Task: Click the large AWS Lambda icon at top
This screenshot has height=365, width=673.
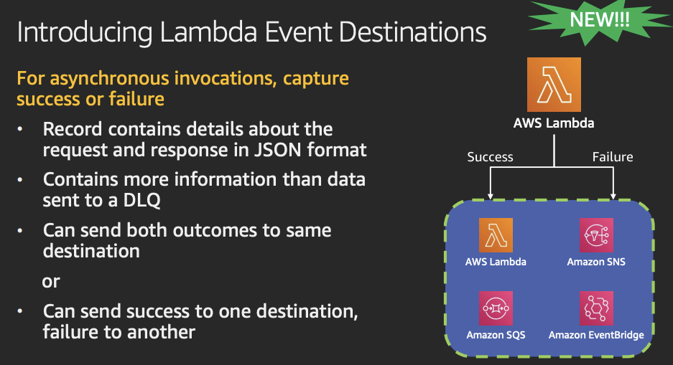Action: pos(554,85)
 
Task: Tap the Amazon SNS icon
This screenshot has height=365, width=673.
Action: pos(596,235)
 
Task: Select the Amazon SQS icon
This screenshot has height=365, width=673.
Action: pos(496,308)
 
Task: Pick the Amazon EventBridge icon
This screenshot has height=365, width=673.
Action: pos(596,308)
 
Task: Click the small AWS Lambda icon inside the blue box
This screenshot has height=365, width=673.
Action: pos(496,235)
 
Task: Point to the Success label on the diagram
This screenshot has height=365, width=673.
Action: pos(490,157)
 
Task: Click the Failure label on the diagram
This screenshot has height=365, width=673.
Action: pos(613,157)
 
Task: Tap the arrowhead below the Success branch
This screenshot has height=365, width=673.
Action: pos(490,196)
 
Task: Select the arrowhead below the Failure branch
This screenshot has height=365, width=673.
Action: pos(613,196)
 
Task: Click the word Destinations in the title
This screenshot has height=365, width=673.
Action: pos(412,32)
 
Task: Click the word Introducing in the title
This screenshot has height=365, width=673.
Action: pos(85,33)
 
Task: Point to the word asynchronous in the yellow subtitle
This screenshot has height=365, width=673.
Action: pos(109,79)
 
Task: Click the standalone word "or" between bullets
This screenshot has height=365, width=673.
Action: pos(51,282)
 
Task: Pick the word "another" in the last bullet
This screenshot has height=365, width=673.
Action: pos(162,332)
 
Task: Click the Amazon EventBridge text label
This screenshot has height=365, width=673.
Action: pos(596,336)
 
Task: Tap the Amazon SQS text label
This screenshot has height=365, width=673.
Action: pos(496,335)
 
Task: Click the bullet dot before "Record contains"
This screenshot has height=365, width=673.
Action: pos(19,129)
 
